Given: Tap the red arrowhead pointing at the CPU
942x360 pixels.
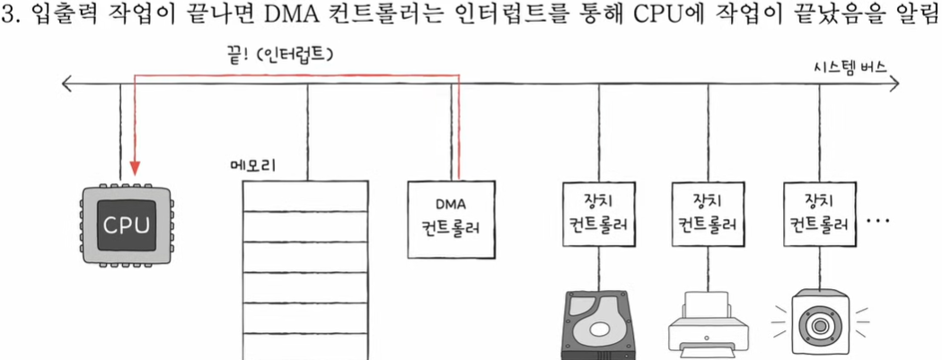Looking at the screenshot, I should [134, 168].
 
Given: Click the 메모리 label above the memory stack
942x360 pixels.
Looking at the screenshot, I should [253, 166].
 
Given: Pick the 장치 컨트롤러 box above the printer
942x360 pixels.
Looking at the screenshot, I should [706, 216].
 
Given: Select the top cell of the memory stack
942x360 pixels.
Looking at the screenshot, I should [305, 195].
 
